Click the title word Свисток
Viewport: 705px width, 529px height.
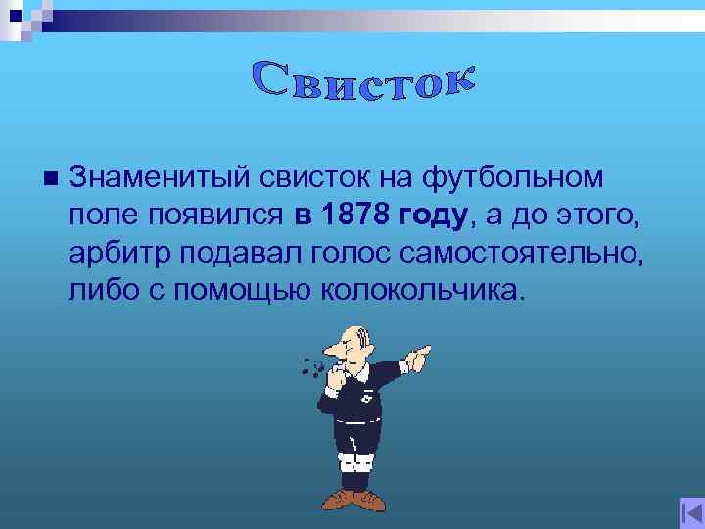(x=364, y=80)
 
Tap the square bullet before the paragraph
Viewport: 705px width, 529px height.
(x=46, y=177)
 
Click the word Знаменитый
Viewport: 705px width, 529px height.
(x=158, y=177)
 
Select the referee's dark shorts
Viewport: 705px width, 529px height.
(x=356, y=431)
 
